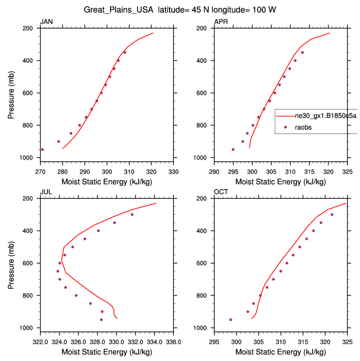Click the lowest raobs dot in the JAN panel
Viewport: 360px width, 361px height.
tap(43, 149)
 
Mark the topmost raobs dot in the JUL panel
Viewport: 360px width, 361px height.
tap(132, 215)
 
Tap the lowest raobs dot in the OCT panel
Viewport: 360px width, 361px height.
tap(231, 319)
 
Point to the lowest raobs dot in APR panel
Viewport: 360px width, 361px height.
tap(233, 149)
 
